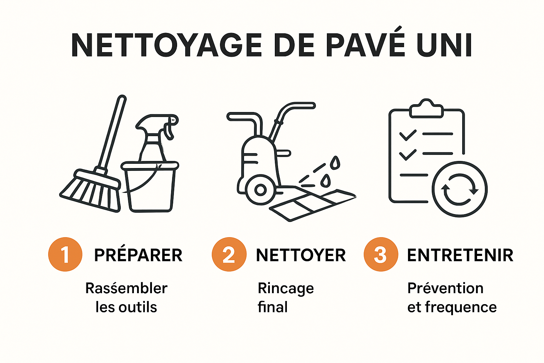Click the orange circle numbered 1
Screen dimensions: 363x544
(x=65, y=255)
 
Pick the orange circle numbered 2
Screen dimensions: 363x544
(x=229, y=255)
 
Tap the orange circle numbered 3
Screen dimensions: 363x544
(x=380, y=255)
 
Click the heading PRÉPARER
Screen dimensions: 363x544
(x=138, y=255)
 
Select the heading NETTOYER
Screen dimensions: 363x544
(x=301, y=255)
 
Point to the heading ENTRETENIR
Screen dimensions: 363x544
(x=460, y=255)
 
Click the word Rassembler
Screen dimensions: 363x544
(x=126, y=288)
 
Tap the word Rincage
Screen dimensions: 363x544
(x=285, y=289)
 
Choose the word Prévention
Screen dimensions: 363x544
(x=445, y=288)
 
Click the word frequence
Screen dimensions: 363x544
(x=461, y=307)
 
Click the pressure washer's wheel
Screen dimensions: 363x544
(x=260, y=190)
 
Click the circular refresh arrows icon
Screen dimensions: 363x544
(x=459, y=189)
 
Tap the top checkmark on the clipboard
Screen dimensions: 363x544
(x=408, y=135)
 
